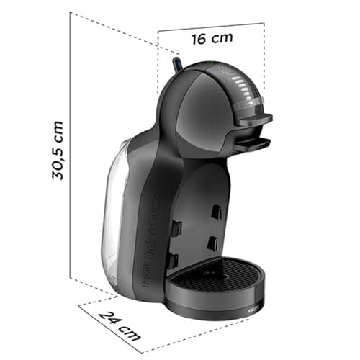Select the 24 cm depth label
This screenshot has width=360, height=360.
tap(120, 325)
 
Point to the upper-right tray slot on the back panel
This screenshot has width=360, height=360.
tap(216, 212)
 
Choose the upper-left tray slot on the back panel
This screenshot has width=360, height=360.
tap(175, 228)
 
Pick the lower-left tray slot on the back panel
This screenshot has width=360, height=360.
tap(172, 261)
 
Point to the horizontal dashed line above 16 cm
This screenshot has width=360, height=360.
tap(211, 27)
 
